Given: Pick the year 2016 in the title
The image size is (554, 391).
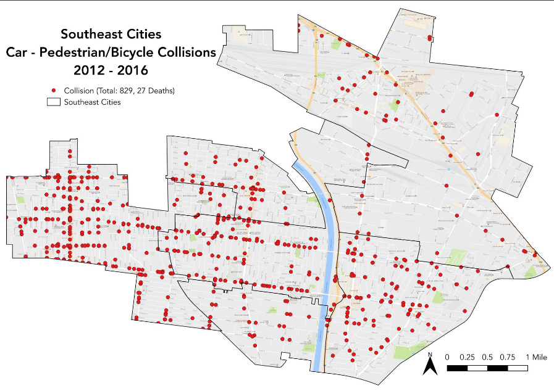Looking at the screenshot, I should tap(130, 70).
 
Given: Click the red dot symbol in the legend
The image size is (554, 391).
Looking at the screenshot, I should tap(54, 90).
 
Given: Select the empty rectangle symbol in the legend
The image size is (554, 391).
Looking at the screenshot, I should tap(54, 102).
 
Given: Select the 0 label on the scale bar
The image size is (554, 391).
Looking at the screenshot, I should tap(447, 357).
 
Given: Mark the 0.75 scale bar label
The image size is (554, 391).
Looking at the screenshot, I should tap(507, 357).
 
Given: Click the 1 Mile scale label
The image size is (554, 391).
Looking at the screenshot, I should tap(535, 357).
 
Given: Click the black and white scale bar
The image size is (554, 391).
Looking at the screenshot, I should tap(487, 368).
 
